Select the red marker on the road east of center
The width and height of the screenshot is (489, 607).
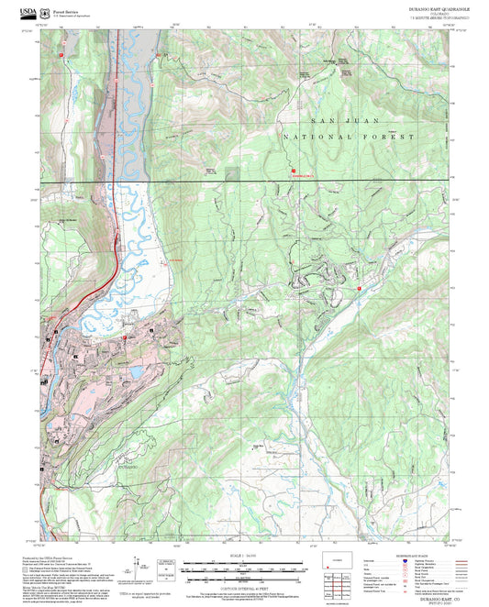(359, 288)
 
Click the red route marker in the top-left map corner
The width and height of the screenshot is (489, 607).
(61, 55)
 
